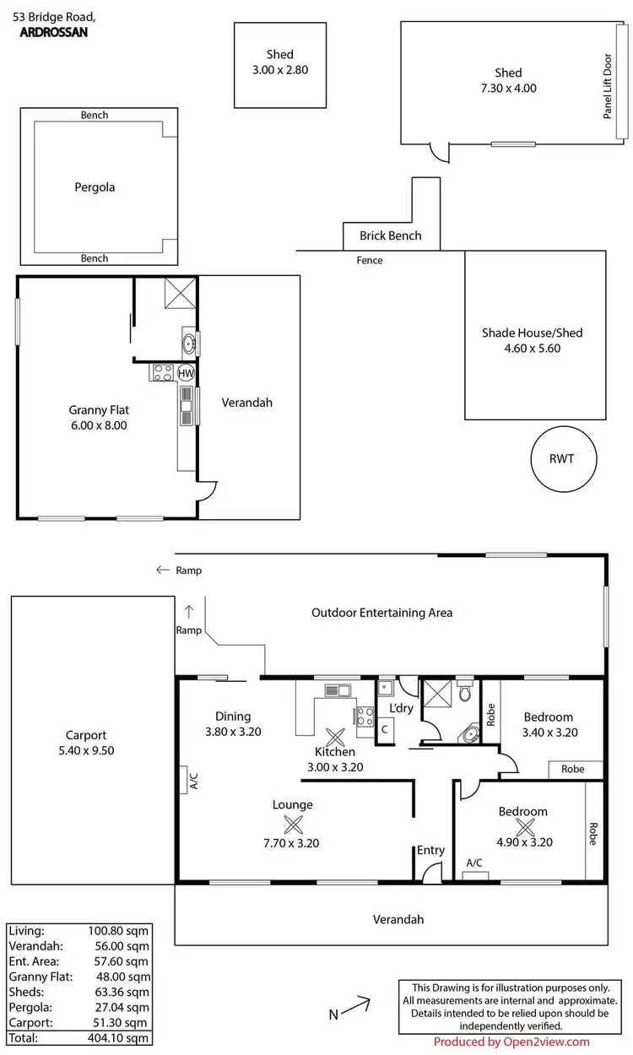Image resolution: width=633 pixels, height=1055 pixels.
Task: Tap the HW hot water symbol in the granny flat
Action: pyautogui.click(x=186, y=373)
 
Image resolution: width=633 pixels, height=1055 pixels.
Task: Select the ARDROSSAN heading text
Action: pyautogui.click(x=52, y=33)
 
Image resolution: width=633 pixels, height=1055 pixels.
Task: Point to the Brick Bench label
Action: pyautogui.click(x=390, y=235)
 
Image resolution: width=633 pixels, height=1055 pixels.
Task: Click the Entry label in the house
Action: pyautogui.click(x=430, y=850)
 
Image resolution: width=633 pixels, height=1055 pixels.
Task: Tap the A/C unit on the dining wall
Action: pyautogui.click(x=182, y=780)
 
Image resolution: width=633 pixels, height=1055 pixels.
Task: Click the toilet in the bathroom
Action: pyautogui.click(x=463, y=693)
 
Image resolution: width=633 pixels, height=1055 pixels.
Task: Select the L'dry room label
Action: pyautogui.click(x=401, y=707)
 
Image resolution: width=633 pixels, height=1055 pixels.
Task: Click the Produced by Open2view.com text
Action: pyautogui.click(x=523, y=1041)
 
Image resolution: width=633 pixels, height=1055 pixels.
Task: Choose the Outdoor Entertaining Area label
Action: pyautogui.click(x=381, y=613)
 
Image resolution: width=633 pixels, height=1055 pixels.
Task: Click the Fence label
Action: pyautogui.click(x=370, y=260)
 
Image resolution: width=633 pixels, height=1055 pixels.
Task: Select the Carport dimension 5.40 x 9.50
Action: pyautogui.click(x=86, y=750)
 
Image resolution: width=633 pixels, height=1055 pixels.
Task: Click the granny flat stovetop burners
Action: pyautogui.click(x=162, y=372)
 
